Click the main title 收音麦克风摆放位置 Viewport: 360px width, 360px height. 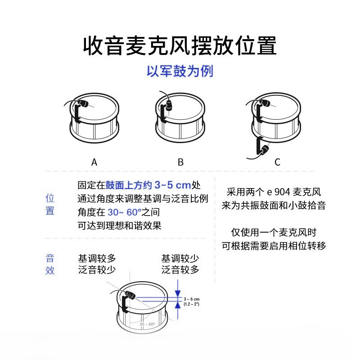pyautogui.click(x=180, y=45)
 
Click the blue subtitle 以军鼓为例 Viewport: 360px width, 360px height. pyautogui.click(x=180, y=71)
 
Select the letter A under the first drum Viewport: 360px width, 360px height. pyautogui.click(x=94, y=162)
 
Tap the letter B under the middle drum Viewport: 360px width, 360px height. pyautogui.click(x=180, y=162)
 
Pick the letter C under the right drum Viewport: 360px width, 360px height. pyautogui.click(x=277, y=162)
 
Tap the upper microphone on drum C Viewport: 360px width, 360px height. pyautogui.click(x=264, y=103)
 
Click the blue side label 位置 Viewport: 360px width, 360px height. pyautogui.click(x=50, y=204)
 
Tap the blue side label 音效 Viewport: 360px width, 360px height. pyautogui.click(x=50, y=265)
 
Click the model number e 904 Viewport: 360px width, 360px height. pyautogui.click(x=279, y=192)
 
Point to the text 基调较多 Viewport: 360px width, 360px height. pyautogui.click(x=97, y=258)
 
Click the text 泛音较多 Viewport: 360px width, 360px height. pyautogui.click(x=180, y=270)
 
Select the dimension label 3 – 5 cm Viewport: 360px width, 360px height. pyautogui.click(x=191, y=299)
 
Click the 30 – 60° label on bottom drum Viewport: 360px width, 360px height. pyautogui.click(x=147, y=324)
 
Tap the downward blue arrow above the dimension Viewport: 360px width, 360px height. pyautogui.click(x=179, y=287)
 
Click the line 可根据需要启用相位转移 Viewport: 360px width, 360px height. pyautogui.click(x=274, y=246)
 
